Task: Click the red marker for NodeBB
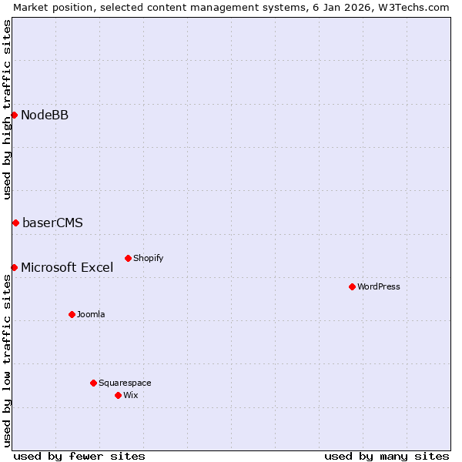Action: point(14,115)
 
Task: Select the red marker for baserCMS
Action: point(15,223)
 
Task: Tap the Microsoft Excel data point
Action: point(14,267)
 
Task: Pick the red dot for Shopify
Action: point(128,258)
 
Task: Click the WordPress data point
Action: point(352,286)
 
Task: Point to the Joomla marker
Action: point(72,314)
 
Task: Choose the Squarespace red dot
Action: point(93,383)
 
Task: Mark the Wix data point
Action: point(118,395)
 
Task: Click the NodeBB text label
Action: point(45,115)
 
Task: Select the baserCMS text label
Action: point(52,223)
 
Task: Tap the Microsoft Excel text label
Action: point(67,268)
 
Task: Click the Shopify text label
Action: point(148,258)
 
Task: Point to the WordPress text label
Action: point(378,286)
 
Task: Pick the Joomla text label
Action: point(91,314)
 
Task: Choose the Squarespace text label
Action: point(125,383)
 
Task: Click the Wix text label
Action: point(130,395)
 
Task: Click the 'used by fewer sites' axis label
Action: point(79,456)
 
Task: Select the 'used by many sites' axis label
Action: point(387,456)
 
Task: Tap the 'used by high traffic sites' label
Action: point(7,109)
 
